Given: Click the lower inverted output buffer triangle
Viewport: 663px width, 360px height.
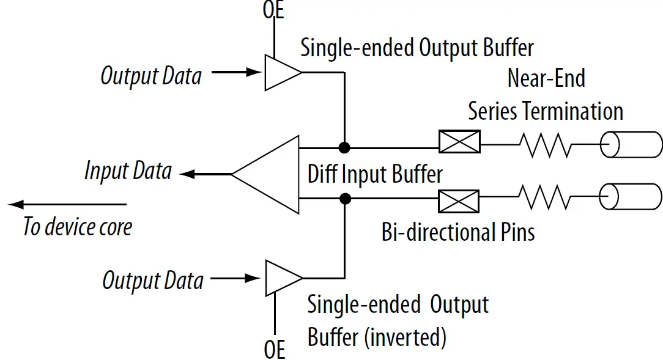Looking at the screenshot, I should (280, 277).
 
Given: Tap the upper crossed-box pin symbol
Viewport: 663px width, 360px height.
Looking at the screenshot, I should (459, 142).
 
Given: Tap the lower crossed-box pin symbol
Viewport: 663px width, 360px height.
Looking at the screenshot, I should (459, 199).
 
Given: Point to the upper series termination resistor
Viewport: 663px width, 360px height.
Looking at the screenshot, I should (544, 145).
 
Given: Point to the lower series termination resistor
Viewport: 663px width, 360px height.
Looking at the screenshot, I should (544, 197).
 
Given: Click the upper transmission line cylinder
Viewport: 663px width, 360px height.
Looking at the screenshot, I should (631, 145).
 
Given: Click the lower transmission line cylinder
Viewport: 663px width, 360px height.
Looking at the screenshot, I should (631, 197).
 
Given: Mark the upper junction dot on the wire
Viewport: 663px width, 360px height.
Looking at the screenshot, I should (345, 147).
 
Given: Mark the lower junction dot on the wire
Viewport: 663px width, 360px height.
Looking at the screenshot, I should (345, 198).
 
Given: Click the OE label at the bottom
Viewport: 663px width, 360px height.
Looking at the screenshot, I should (275, 350).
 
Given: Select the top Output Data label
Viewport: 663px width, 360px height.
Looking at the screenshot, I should (151, 76).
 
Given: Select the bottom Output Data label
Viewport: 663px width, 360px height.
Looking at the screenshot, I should (152, 281).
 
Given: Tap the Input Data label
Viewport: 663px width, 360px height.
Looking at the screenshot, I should (128, 171).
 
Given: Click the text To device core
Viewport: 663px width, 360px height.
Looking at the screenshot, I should (78, 227).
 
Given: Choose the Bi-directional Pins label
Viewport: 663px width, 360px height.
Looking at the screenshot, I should (458, 232).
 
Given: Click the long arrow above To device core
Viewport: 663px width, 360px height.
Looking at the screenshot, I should (67, 204).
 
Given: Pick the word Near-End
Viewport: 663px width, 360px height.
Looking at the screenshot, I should (546, 78).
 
